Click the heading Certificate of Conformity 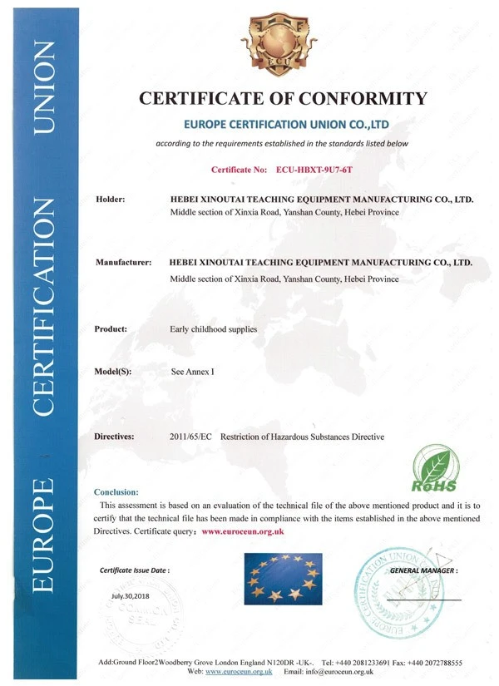[x=282, y=99]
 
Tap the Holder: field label [x=111, y=200]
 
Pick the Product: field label [x=111, y=329]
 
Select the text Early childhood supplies [x=214, y=329]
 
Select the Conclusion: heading [x=116, y=492]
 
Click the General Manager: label [x=423, y=571]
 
